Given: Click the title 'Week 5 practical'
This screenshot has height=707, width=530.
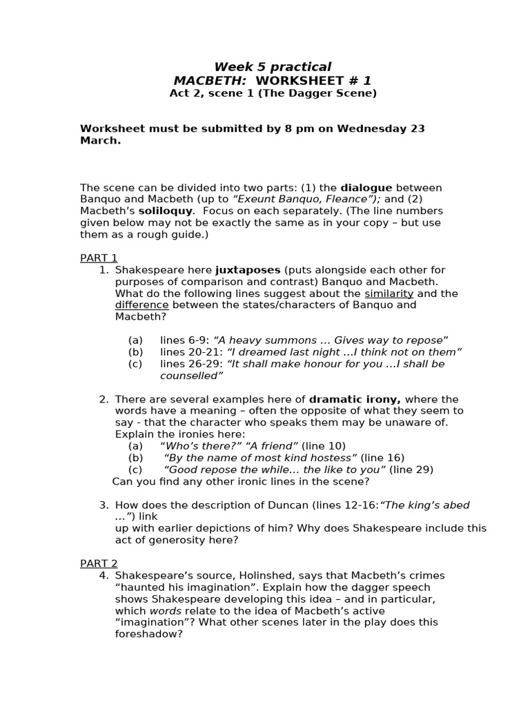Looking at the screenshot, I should tap(273, 67).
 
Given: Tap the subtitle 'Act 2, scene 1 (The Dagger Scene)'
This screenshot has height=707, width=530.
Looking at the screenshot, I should tap(273, 93).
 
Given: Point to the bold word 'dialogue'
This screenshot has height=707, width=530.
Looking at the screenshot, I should tap(366, 188).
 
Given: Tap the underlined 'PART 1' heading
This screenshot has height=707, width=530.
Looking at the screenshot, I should tap(99, 258).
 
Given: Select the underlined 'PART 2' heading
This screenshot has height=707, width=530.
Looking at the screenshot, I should tap(99, 563).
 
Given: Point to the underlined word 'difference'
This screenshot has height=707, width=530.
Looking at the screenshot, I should tap(141, 305).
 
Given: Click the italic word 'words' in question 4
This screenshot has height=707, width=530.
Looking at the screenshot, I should tap(166, 610).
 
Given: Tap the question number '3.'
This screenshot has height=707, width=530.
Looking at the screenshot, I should tap(104, 505).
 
